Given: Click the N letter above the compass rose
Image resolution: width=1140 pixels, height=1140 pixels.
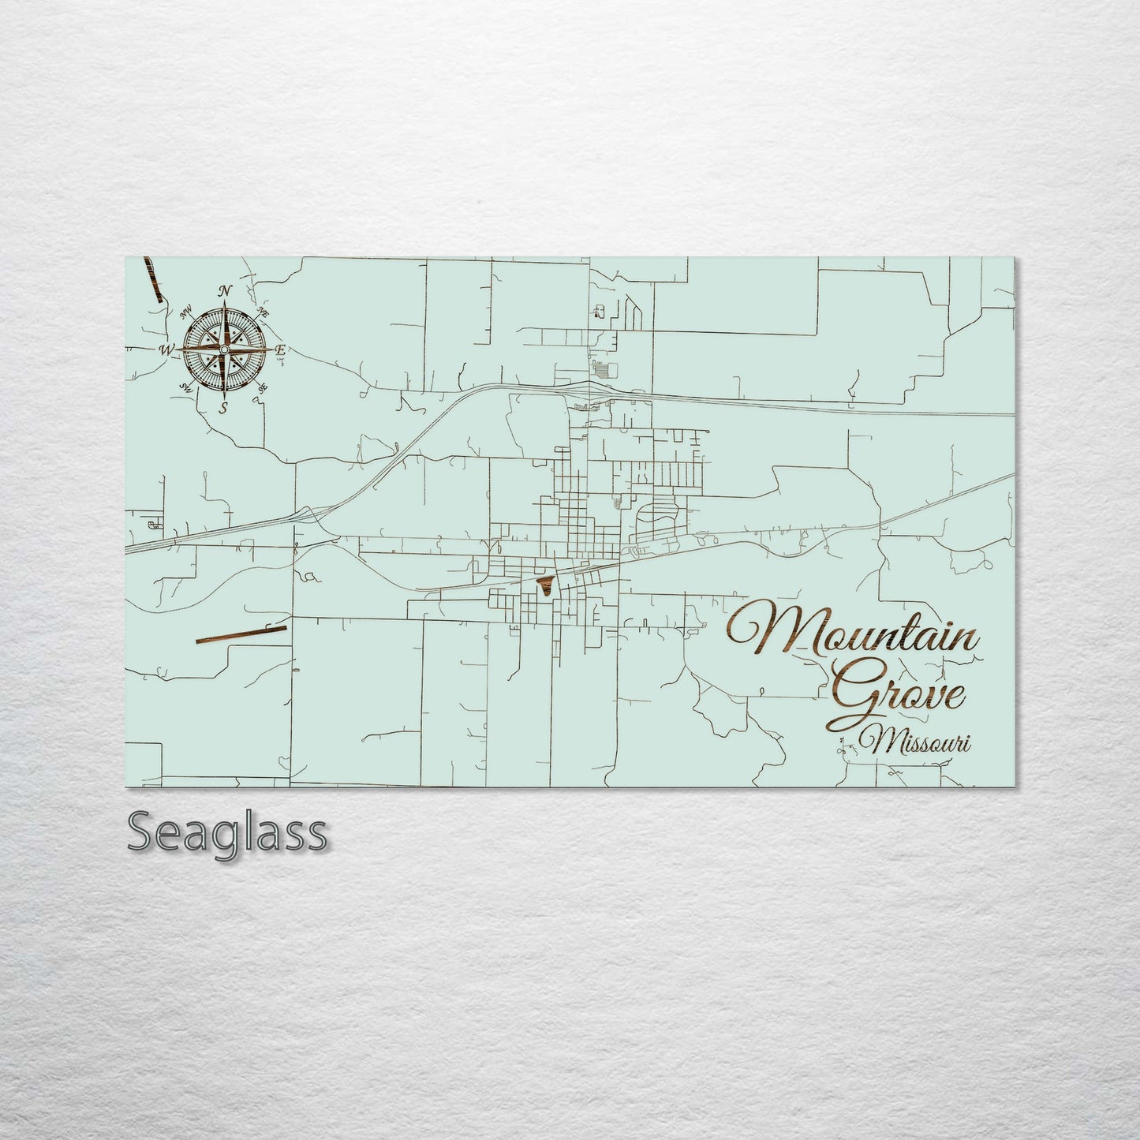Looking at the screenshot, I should [226, 292].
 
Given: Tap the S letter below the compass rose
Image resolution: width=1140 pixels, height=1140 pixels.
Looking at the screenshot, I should [224, 407].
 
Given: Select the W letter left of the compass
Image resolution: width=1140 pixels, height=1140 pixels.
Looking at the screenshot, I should [166, 349].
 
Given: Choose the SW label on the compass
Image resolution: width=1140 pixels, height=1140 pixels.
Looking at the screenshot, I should [186, 387].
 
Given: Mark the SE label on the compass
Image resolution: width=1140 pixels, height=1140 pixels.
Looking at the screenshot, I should [263, 387].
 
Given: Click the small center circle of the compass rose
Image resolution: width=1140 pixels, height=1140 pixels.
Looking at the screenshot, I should [225, 349].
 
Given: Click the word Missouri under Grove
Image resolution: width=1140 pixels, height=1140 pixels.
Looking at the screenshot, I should [918, 742].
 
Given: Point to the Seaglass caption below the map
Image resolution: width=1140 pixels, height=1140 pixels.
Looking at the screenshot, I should [226, 830].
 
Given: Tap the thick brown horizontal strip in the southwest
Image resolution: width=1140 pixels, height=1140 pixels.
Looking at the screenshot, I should [240, 634].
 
